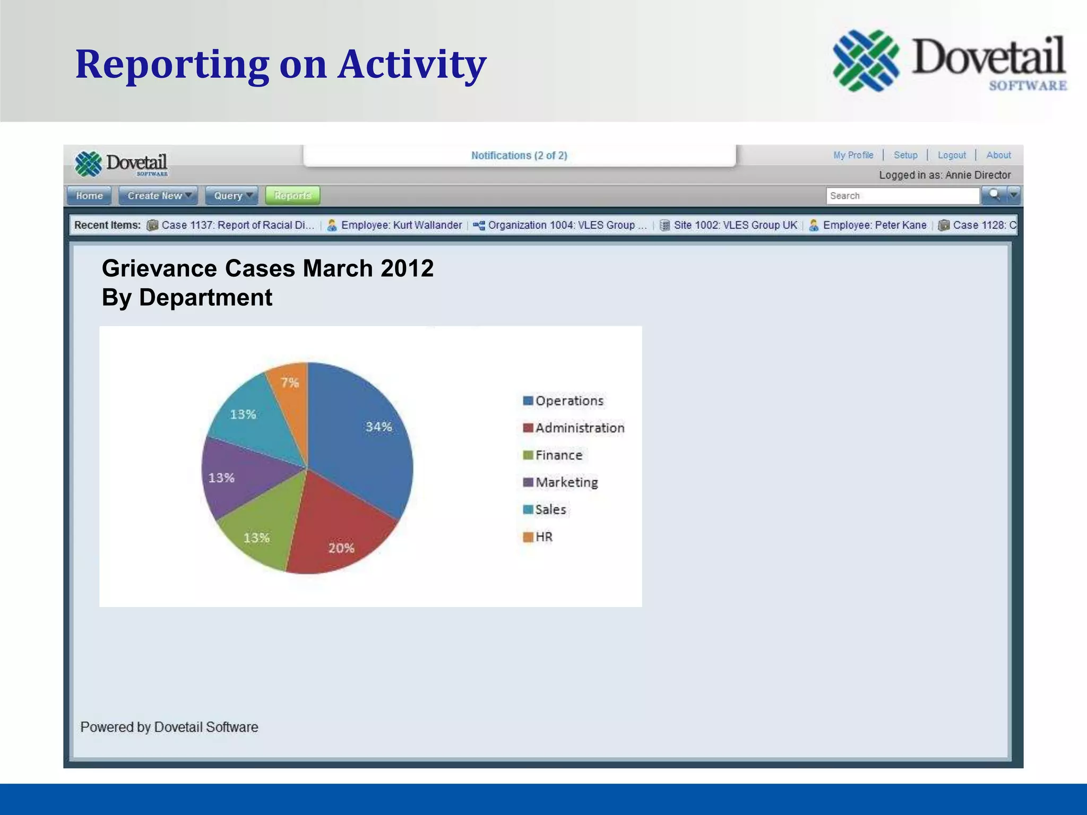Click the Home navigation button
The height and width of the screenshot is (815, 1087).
pos(89,196)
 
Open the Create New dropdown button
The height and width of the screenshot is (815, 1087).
pos(158,196)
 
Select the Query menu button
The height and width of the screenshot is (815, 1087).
pos(231,196)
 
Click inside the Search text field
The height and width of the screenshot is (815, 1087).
pos(902,196)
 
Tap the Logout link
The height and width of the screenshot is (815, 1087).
pos(952,155)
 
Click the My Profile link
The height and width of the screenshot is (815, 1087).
pos(853,155)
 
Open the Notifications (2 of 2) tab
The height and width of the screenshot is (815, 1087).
pos(519,155)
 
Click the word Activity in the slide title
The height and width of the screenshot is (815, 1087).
pos(412,65)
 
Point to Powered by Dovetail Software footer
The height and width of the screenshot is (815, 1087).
pos(169,727)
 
